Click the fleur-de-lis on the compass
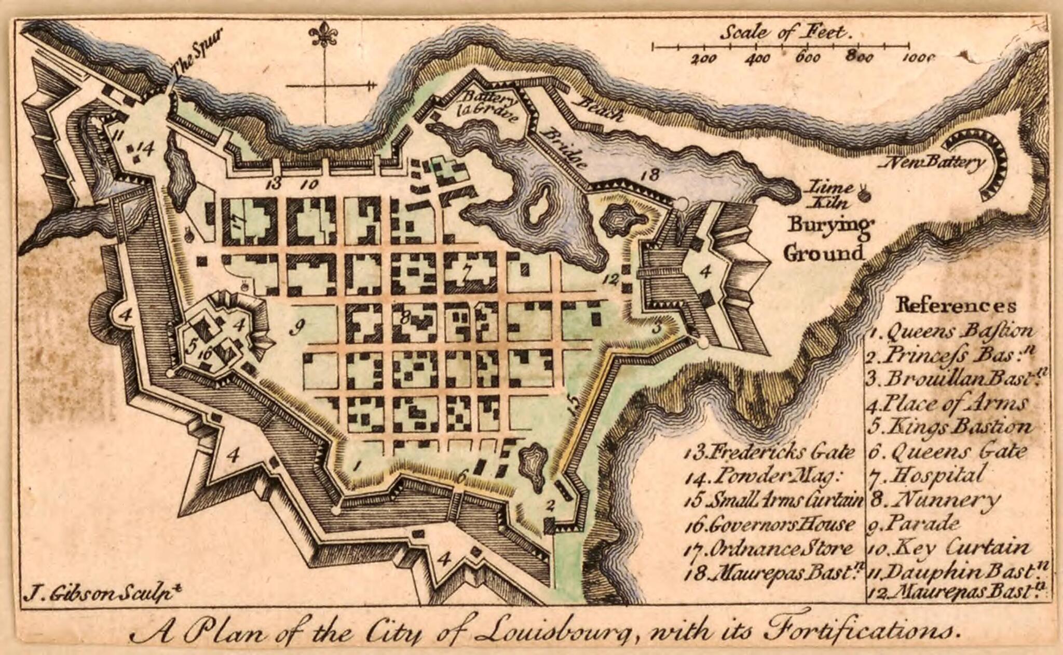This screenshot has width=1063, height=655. pyautogui.click(x=323, y=35)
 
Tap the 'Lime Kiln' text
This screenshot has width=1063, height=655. pyautogui.click(x=833, y=195)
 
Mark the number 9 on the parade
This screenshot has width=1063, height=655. pyautogui.click(x=297, y=327)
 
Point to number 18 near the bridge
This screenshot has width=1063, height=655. pyautogui.click(x=651, y=175)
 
